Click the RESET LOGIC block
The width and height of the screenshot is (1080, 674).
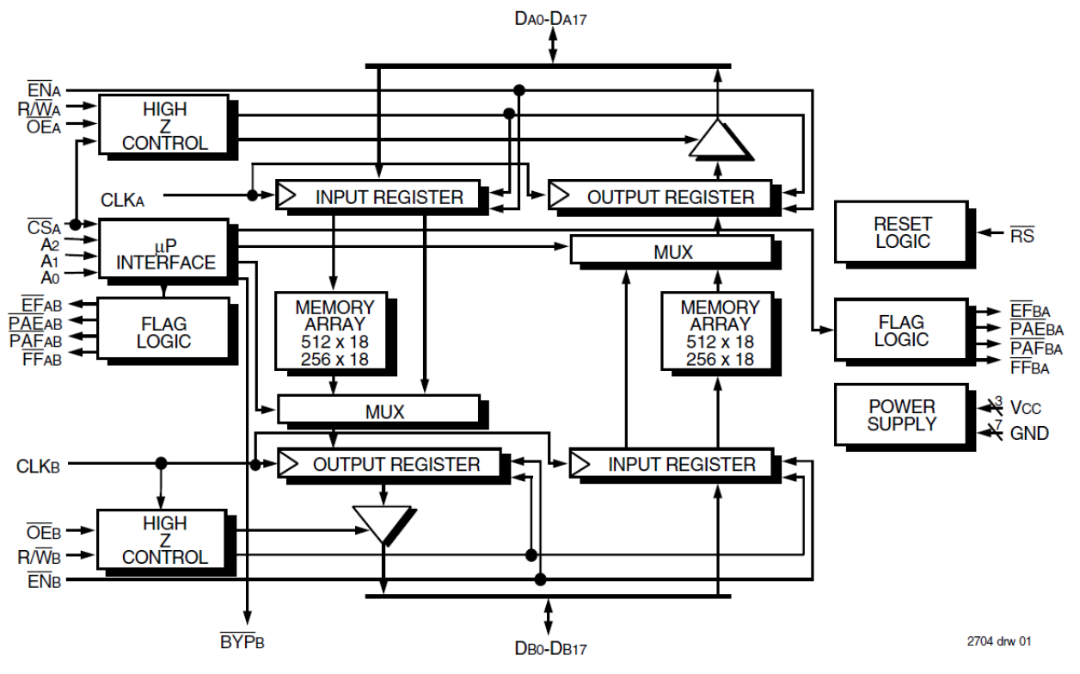coord(902,232)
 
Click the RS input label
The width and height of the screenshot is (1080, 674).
coord(1022,235)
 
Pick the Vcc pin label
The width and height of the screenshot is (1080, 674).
coord(1028,407)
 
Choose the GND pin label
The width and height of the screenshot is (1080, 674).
coord(1029,433)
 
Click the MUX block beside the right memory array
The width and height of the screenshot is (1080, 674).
coord(672,251)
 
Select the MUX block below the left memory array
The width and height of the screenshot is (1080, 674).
coord(377,410)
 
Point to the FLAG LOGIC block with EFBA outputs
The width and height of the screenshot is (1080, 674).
coord(901,331)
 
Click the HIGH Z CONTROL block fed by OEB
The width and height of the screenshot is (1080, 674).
coord(163,540)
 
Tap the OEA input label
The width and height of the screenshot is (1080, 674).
coord(44,127)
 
